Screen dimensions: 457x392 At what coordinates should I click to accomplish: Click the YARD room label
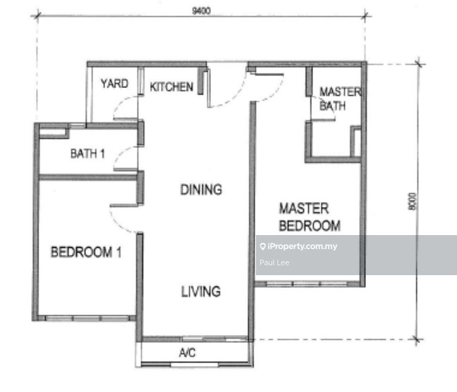[x=114, y=84]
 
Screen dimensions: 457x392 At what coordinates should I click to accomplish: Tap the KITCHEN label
[x=171, y=87]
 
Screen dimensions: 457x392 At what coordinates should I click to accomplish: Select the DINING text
[x=201, y=189]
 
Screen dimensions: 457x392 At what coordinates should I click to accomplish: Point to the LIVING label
[x=201, y=291]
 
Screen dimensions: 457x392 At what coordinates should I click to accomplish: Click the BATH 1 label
[x=87, y=153]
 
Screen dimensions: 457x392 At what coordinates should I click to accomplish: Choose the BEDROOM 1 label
[x=86, y=252]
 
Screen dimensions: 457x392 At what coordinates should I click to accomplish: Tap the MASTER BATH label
[x=340, y=99]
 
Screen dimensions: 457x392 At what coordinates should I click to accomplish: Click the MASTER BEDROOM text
[x=310, y=217]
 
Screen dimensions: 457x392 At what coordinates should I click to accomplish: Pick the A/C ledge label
[x=187, y=353]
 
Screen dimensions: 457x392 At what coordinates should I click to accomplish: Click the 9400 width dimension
[x=201, y=11]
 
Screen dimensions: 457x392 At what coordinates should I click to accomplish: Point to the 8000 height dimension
[x=412, y=201]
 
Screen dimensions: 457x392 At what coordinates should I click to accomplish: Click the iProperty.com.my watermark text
[x=303, y=246]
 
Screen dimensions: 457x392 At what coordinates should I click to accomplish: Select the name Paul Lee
[x=274, y=263]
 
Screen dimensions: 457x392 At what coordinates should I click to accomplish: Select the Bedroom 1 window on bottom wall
[x=87, y=318]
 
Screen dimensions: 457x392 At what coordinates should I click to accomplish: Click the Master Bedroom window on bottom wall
[x=307, y=284]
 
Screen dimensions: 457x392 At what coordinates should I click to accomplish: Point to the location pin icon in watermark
[x=262, y=246]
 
